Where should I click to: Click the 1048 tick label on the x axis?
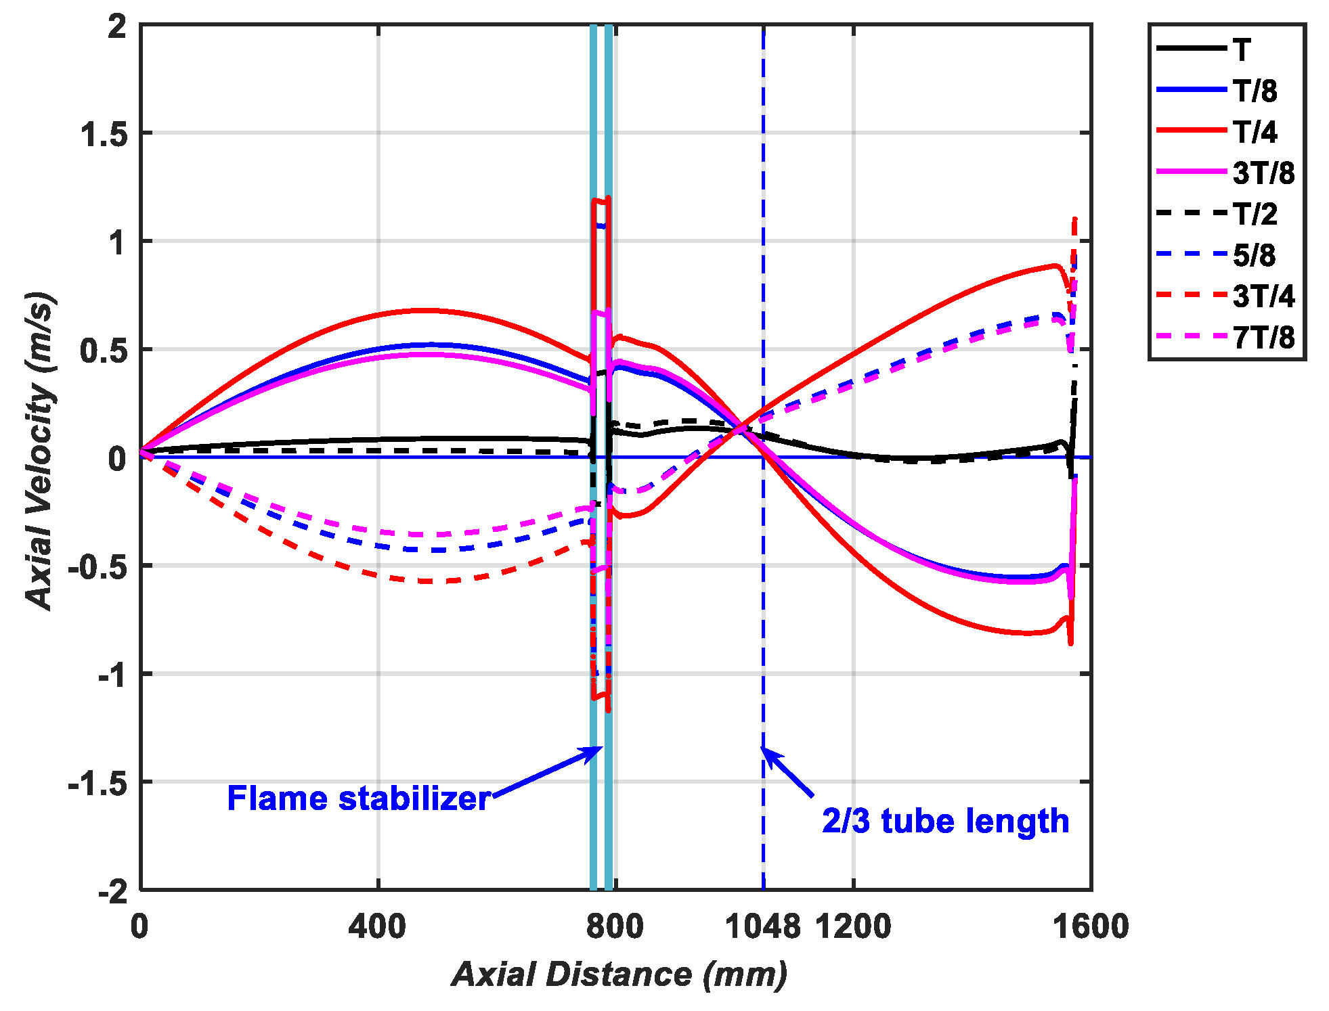pos(762,926)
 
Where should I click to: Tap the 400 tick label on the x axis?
pos(378,926)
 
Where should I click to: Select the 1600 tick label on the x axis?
pos(1090,926)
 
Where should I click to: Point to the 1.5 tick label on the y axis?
pos(104,134)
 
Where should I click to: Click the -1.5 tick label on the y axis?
pos(97,784)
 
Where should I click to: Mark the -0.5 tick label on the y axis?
pos(97,567)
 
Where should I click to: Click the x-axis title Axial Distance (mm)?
pos(619,975)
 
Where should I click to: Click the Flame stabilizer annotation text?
pos(358,799)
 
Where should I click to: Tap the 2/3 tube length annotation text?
pos(945,822)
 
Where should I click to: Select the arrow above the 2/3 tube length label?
pos(787,771)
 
